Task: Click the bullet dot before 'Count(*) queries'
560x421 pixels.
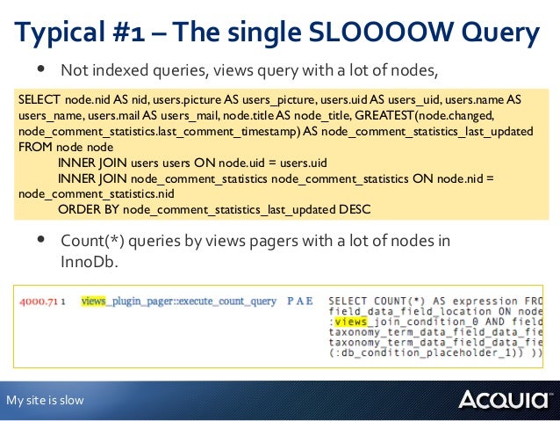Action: (39, 240)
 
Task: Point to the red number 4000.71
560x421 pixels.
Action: (39, 301)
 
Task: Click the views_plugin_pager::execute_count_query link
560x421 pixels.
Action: (178, 301)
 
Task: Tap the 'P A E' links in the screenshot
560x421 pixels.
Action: (299, 301)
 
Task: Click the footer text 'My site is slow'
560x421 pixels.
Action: (45, 401)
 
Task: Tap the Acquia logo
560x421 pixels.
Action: (504, 401)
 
